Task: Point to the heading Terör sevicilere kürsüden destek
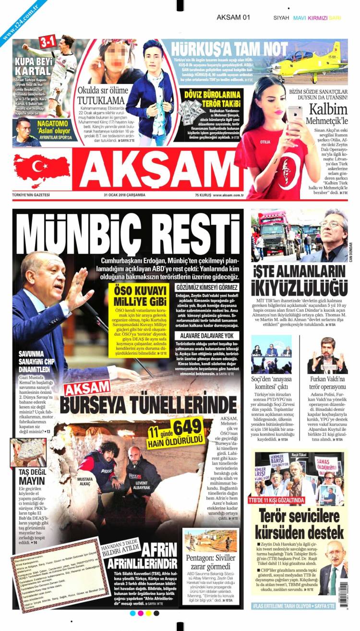[299, 524]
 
